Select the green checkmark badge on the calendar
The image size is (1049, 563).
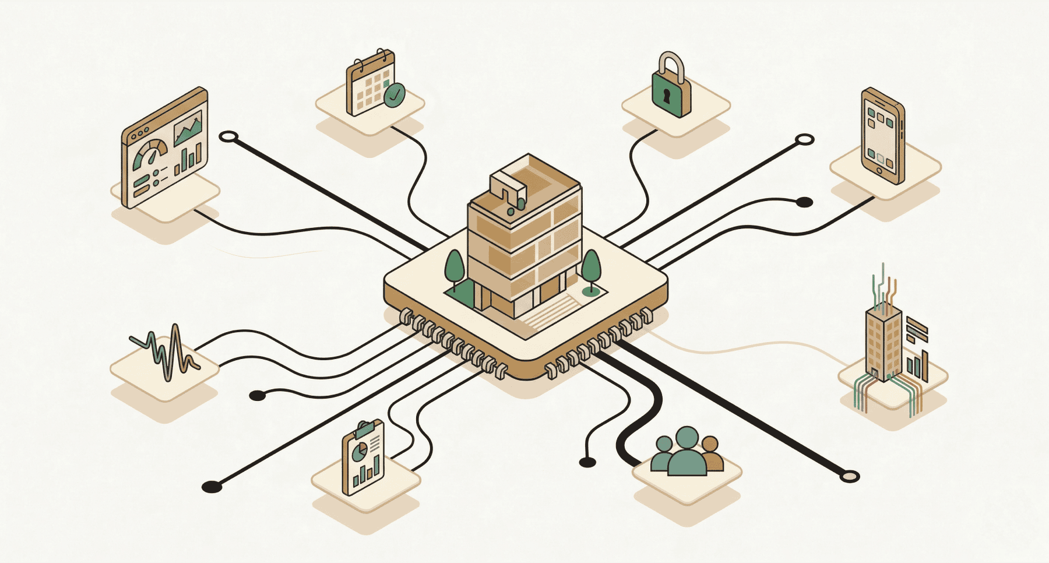395,95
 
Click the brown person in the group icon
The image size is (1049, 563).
710,454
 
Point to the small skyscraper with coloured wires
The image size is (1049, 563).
883,344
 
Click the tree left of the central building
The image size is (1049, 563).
454,269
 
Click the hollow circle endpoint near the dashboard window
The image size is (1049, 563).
228,137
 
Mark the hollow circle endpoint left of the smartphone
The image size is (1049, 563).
804,139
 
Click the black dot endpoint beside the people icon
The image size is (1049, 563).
587,462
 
